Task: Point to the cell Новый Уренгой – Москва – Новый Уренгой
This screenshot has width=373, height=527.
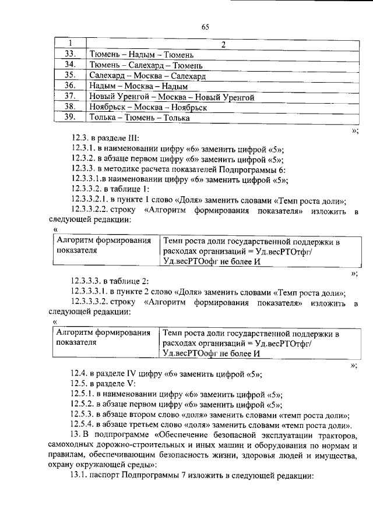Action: click(172, 97)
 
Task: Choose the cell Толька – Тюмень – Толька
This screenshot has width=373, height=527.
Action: click(140, 118)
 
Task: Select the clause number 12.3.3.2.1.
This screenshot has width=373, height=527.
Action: click(90, 200)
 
